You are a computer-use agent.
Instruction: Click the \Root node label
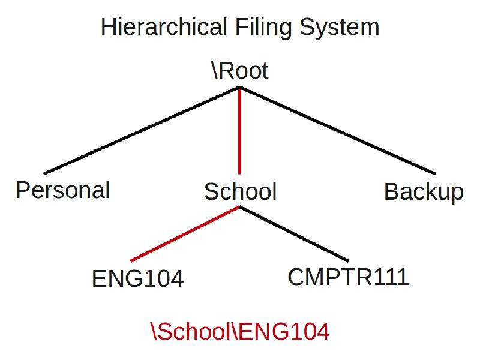click(x=240, y=71)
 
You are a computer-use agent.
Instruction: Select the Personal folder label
click(x=62, y=190)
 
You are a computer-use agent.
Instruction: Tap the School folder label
click(x=240, y=192)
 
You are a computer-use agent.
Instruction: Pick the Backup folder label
click(x=424, y=192)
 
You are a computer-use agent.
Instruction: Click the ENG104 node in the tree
click(x=137, y=278)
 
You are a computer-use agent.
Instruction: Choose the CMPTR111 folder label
click(x=348, y=277)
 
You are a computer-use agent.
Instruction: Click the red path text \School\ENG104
click(x=240, y=331)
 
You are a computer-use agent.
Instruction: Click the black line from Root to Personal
click(x=142, y=131)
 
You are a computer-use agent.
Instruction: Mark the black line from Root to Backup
click(x=337, y=131)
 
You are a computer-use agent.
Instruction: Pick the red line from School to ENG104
click(x=185, y=234)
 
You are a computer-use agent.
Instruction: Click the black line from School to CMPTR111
click(x=294, y=234)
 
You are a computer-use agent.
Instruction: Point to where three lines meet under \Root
click(x=240, y=88)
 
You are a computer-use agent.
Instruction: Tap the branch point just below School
click(x=240, y=208)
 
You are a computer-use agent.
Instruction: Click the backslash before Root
click(x=215, y=71)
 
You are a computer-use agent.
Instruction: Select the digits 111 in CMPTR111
click(x=392, y=277)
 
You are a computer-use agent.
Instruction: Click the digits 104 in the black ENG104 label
click(x=164, y=278)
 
